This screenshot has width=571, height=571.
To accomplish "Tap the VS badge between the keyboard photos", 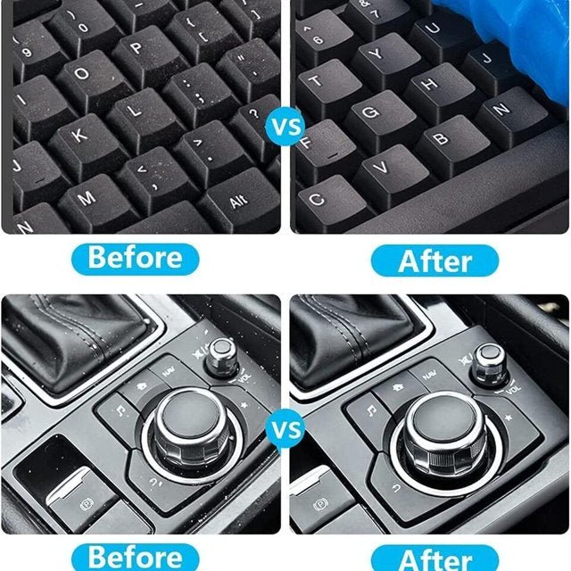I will point(285,126).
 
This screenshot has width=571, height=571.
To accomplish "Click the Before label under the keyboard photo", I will point(136,259).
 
